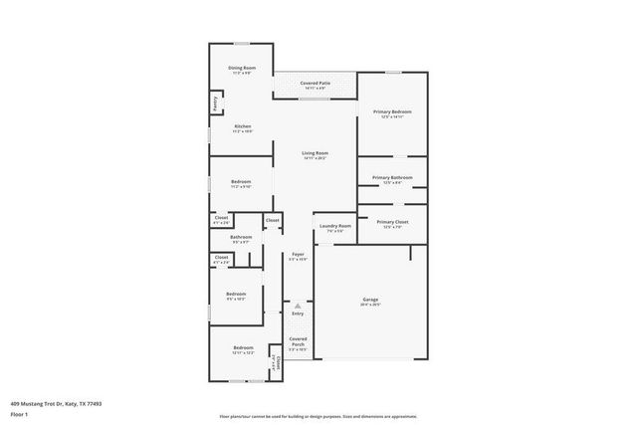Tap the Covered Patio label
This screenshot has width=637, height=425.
(x=316, y=84)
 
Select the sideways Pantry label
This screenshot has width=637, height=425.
(x=214, y=103)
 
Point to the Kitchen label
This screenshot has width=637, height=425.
(x=242, y=126)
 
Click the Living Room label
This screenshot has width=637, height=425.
(x=316, y=152)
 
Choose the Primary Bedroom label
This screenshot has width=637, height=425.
(x=392, y=112)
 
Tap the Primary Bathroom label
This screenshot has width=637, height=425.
(x=392, y=177)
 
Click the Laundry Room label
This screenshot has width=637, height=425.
(x=335, y=226)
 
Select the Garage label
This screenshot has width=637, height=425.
(x=370, y=300)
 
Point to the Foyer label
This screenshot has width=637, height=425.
(x=298, y=255)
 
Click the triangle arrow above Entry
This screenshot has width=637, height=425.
(x=298, y=305)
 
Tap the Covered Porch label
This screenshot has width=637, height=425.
(x=298, y=341)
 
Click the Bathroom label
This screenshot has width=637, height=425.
(x=242, y=237)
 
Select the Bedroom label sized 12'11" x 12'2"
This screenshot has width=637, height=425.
(x=243, y=348)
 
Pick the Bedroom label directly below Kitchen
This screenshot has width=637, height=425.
(x=241, y=182)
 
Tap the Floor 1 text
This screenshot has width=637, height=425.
(x=19, y=413)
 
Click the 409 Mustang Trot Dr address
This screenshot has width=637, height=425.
(x=56, y=403)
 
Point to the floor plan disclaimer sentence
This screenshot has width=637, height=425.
(x=318, y=417)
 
